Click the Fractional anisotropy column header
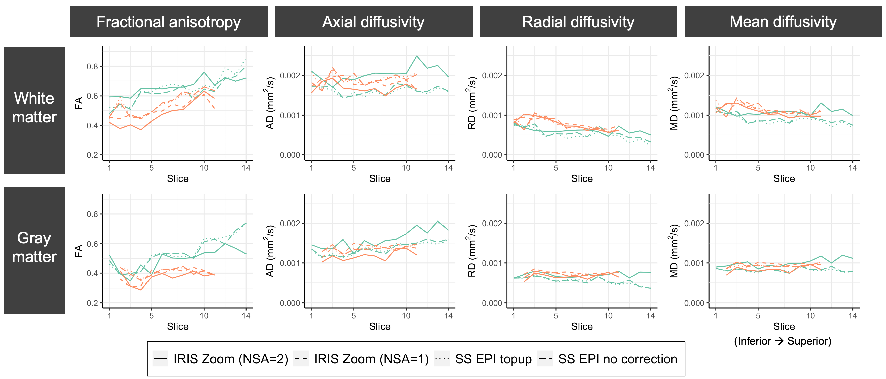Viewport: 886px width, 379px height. click(x=169, y=22)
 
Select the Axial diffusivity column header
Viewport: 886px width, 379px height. click(x=373, y=22)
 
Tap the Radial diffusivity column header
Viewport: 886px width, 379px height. click(x=578, y=22)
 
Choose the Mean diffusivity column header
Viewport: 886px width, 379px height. click(x=783, y=22)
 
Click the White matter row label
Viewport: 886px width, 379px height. click(x=34, y=108)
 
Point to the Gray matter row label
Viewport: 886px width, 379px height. click(x=34, y=247)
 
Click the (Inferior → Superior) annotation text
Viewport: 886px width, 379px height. click(x=783, y=341)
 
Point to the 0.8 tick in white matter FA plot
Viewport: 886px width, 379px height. click(x=92, y=66)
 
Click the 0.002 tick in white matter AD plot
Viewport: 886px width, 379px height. click(x=290, y=75)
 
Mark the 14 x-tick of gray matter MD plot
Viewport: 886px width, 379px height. click(x=852, y=316)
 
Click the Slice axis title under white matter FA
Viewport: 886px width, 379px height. click(x=178, y=179)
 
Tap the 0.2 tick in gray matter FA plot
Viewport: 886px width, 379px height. click(x=92, y=303)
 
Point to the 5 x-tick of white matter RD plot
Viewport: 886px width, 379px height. click(x=556, y=168)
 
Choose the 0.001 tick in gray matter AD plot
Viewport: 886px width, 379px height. click(x=290, y=263)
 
